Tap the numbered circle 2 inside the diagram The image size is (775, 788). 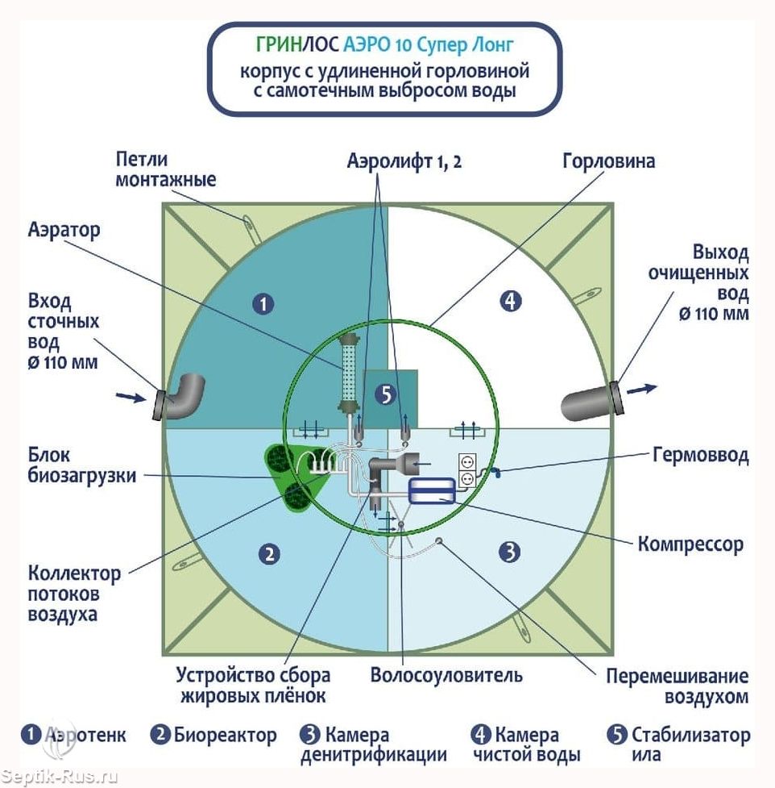point(268,553)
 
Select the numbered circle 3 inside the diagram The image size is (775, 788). point(508,552)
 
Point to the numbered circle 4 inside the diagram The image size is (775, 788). point(510,302)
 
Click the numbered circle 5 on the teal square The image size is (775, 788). point(386,394)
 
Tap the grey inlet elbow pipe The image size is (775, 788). point(181,396)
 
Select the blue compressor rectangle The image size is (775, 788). point(432,490)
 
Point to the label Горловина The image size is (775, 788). point(607,161)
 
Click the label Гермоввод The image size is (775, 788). point(699,456)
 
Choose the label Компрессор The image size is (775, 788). point(690,544)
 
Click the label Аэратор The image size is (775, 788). point(65,230)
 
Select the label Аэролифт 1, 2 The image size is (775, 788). point(404,161)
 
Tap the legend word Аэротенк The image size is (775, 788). point(85,736)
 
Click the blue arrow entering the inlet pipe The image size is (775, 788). point(129,396)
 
